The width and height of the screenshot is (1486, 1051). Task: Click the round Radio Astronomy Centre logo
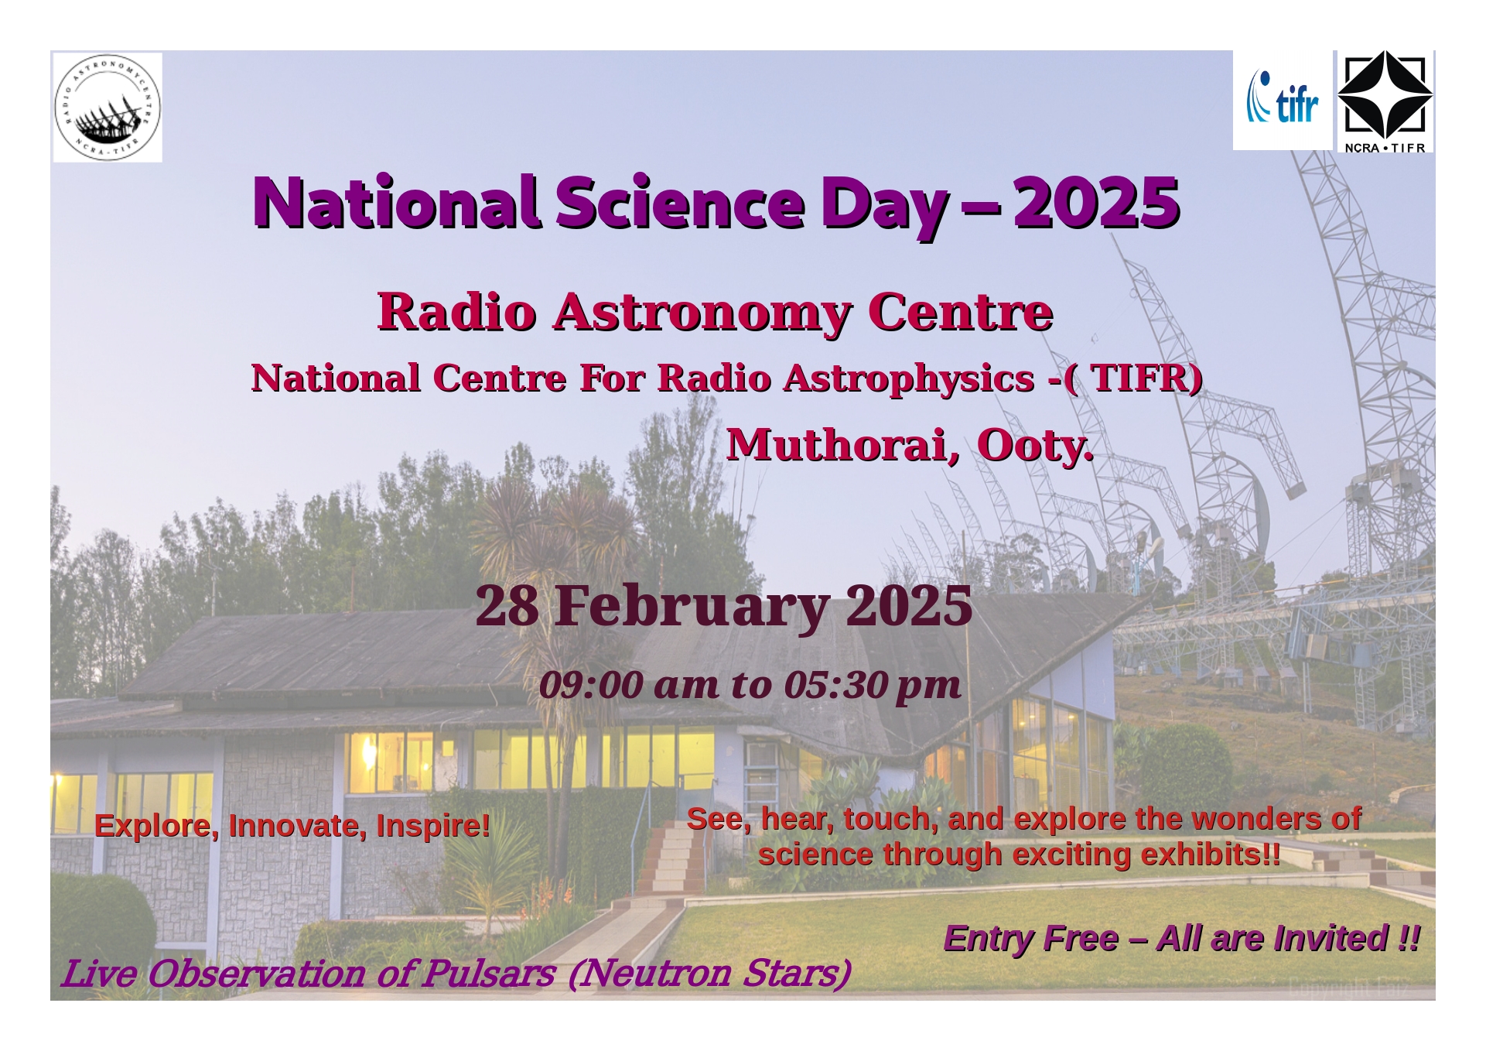(108, 108)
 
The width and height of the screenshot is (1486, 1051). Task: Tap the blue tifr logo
(1282, 98)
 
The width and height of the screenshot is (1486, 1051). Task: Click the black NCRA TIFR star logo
(1385, 101)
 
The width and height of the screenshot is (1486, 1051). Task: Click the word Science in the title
(681, 202)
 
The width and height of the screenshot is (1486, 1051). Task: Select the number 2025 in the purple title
(1096, 202)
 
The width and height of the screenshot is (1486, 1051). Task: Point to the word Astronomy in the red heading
(702, 313)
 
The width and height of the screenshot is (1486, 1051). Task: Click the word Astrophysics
(909, 378)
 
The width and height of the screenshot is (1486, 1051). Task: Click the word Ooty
(1036, 446)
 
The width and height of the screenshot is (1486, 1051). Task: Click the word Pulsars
(489, 974)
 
